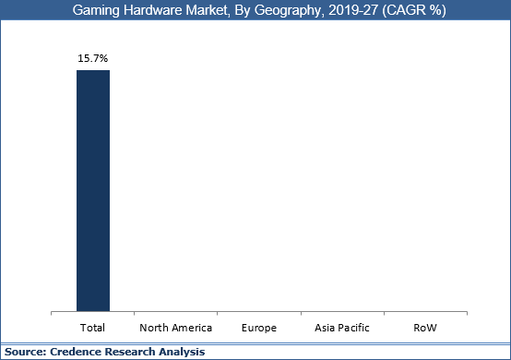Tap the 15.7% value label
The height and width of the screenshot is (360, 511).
point(92,57)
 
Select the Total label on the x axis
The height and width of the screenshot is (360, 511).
point(92,328)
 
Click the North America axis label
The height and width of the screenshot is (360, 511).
point(175,328)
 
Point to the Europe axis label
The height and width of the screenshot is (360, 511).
point(259,328)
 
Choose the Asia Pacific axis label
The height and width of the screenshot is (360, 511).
point(342,328)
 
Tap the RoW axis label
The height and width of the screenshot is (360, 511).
point(426,328)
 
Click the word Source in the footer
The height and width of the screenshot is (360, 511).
point(24,352)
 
